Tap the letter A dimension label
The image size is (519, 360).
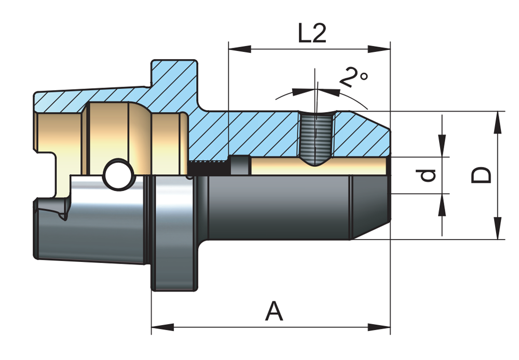pyautogui.click(x=274, y=311)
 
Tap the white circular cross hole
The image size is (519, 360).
pyautogui.click(x=117, y=174)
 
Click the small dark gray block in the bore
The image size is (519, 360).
pyautogui.click(x=239, y=165)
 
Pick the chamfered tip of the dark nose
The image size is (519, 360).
pyautogui.click(x=370, y=207)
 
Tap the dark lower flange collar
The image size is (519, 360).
pyautogui.click(x=174, y=233)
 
